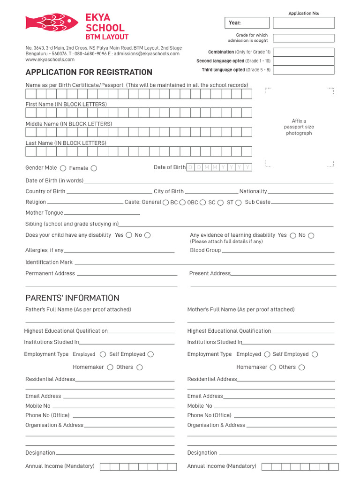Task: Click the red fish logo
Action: pos(52,22)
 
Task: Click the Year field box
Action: pos(247,22)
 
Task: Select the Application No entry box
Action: pos(304,22)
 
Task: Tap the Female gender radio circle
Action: pos(94,168)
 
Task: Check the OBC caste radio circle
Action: pos(202,202)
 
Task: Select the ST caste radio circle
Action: pos(238,202)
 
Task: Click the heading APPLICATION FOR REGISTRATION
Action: pos(89,72)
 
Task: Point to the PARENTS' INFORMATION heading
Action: pos(72,298)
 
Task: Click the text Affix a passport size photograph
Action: pos(299,127)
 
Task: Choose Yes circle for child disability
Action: pos(129,235)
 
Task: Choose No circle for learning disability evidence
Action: pos(311,235)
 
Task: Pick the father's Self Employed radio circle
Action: pos(150,354)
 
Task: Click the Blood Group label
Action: pos(205,250)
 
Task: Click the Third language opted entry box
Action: pos(304,70)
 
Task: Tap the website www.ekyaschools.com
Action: pos(50,60)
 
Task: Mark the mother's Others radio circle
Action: pos(301,367)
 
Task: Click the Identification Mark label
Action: pos(49,262)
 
